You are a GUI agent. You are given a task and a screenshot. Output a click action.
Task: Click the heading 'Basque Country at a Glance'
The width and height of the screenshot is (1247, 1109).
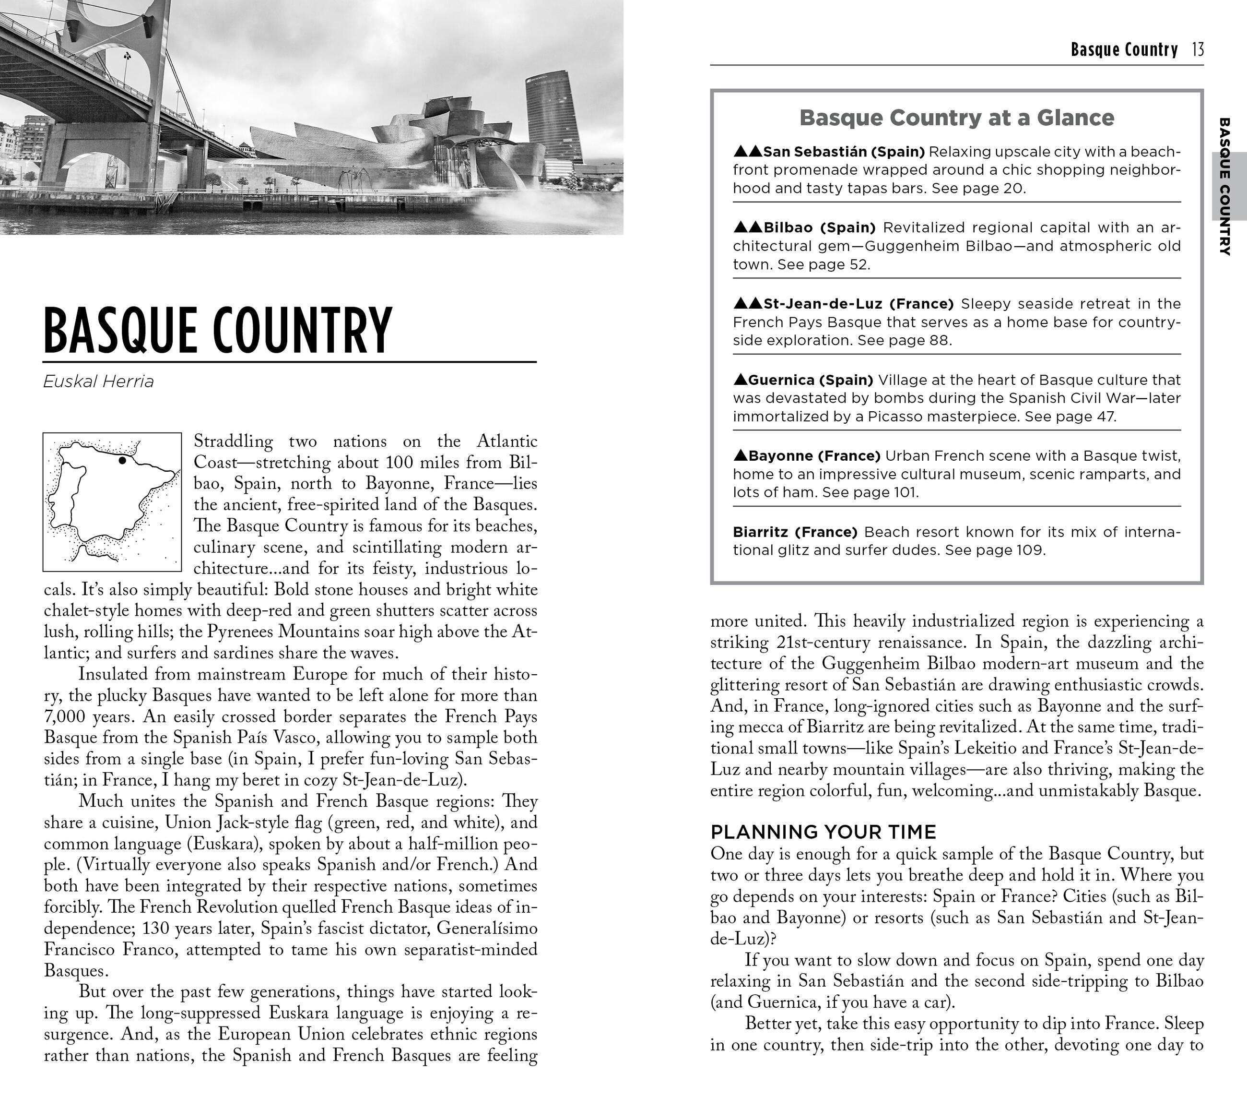pos(957,117)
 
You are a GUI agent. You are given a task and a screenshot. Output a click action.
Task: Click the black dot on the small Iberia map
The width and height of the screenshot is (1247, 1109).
pos(122,460)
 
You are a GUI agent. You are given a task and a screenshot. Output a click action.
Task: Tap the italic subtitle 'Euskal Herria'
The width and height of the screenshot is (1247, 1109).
pos(98,382)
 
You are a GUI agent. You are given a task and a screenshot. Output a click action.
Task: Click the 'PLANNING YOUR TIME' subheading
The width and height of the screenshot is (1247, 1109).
pos(823,832)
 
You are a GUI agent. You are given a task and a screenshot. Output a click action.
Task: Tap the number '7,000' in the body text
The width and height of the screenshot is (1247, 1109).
pos(65,716)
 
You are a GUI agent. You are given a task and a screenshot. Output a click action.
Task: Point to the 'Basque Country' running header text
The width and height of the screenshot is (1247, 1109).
pos(1124,49)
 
